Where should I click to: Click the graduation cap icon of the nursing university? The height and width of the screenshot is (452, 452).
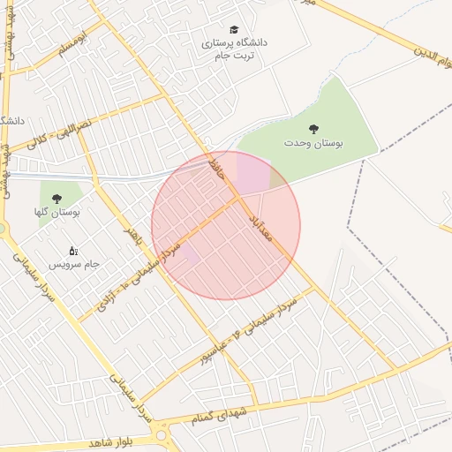(x=234, y=30)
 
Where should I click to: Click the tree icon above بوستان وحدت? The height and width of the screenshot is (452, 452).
(x=313, y=129)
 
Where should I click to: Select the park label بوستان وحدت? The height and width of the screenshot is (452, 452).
(x=313, y=142)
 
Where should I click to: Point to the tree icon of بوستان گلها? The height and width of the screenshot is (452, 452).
(x=57, y=200)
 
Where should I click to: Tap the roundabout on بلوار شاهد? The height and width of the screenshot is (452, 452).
(x=161, y=433)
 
